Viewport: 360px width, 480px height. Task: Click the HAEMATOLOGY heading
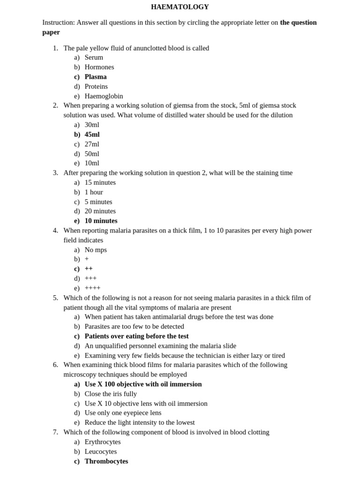pyautogui.click(x=180, y=7)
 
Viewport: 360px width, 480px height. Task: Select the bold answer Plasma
pyautogui.click(x=96, y=77)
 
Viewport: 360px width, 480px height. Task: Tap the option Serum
pyautogui.click(x=94, y=58)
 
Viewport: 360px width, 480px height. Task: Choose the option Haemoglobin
pyautogui.click(x=104, y=96)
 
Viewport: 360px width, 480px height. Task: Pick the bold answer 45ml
pyautogui.click(x=92, y=135)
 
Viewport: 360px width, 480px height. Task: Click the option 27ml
pyautogui.click(x=92, y=144)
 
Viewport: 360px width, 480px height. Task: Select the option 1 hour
pyautogui.click(x=94, y=192)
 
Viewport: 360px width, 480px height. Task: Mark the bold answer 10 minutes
pyautogui.click(x=101, y=221)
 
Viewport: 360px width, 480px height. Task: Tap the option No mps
pyautogui.click(x=96, y=250)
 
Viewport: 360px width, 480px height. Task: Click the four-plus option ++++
pyautogui.click(x=92, y=288)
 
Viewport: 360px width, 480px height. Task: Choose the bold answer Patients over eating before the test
pyautogui.click(x=136, y=336)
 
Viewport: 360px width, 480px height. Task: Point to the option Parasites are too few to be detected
pyautogui.click(x=134, y=326)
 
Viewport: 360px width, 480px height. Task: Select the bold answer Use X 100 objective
pyautogui.click(x=143, y=384)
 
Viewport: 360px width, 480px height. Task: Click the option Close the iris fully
pyautogui.click(x=111, y=394)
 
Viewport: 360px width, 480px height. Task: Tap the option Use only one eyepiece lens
pyautogui.click(x=123, y=413)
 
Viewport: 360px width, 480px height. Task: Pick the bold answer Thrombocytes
pyautogui.click(x=106, y=461)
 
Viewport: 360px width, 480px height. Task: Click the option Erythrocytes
pyautogui.click(x=103, y=442)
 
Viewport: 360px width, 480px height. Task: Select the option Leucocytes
pyautogui.click(x=101, y=451)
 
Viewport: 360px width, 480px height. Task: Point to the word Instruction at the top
pyautogui.click(x=58, y=22)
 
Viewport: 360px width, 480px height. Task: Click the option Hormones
pyautogui.click(x=99, y=67)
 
